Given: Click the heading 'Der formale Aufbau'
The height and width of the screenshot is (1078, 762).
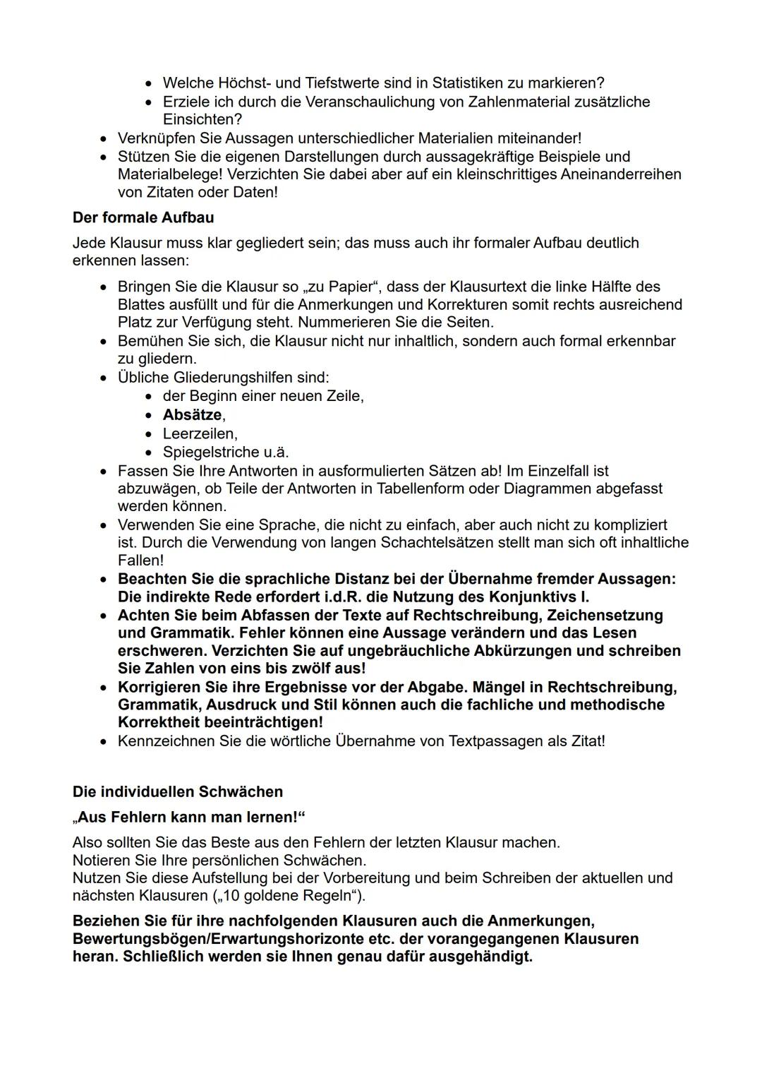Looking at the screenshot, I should [x=143, y=217].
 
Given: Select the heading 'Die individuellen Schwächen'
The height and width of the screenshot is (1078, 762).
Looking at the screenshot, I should [x=178, y=791].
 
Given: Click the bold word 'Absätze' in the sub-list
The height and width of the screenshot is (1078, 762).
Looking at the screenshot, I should [x=192, y=415].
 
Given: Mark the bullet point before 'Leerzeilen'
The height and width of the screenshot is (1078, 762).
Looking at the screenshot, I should [x=148, y=433].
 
